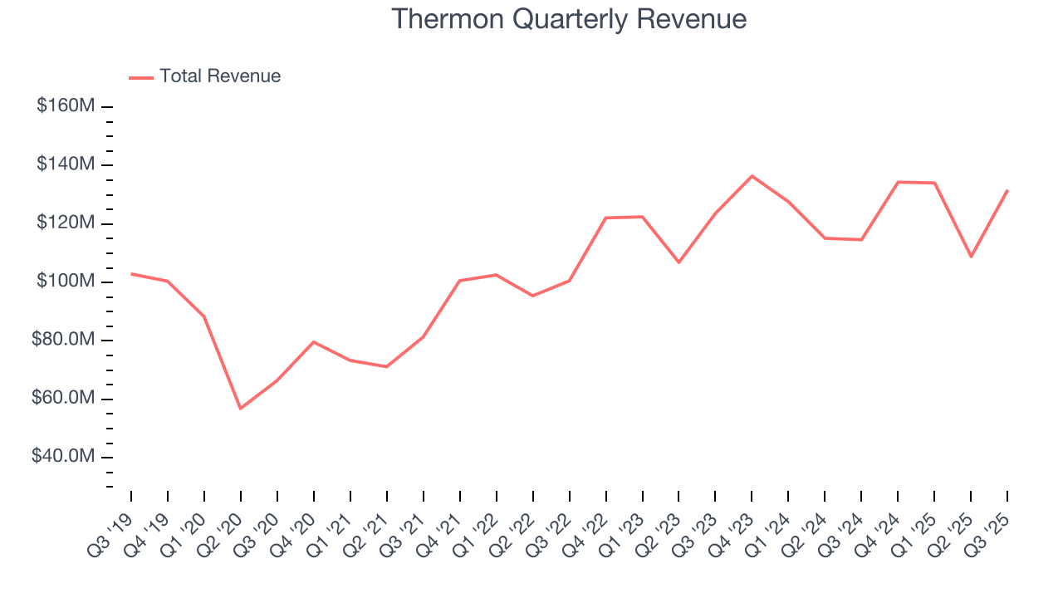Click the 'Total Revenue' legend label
click(x=220, y=76)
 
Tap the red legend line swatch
click(x=141, y=77)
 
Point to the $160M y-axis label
click(x=66, y=106)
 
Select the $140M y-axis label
click(x=66, y=164)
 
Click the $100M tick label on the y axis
click(x=66, y=282)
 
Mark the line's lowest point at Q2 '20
click(x=241, y=409)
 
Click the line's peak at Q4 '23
click(x=752, y=176)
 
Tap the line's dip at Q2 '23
click(x=678, y=262)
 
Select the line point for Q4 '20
click(x=314, y=341)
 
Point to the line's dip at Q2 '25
click(x=971, y=257)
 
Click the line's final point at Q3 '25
click(x=1007, y=190)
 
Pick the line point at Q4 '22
click(x=605, y=218)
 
